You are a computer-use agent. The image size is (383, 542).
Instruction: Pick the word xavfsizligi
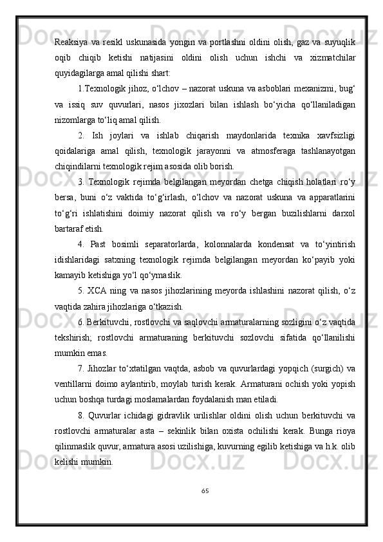point(334,136)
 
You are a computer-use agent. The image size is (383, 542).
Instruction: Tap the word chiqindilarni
point(76,167)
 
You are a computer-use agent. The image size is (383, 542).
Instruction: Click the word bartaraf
point(68,229)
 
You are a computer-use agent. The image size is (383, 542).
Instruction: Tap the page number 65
point(204,491)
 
